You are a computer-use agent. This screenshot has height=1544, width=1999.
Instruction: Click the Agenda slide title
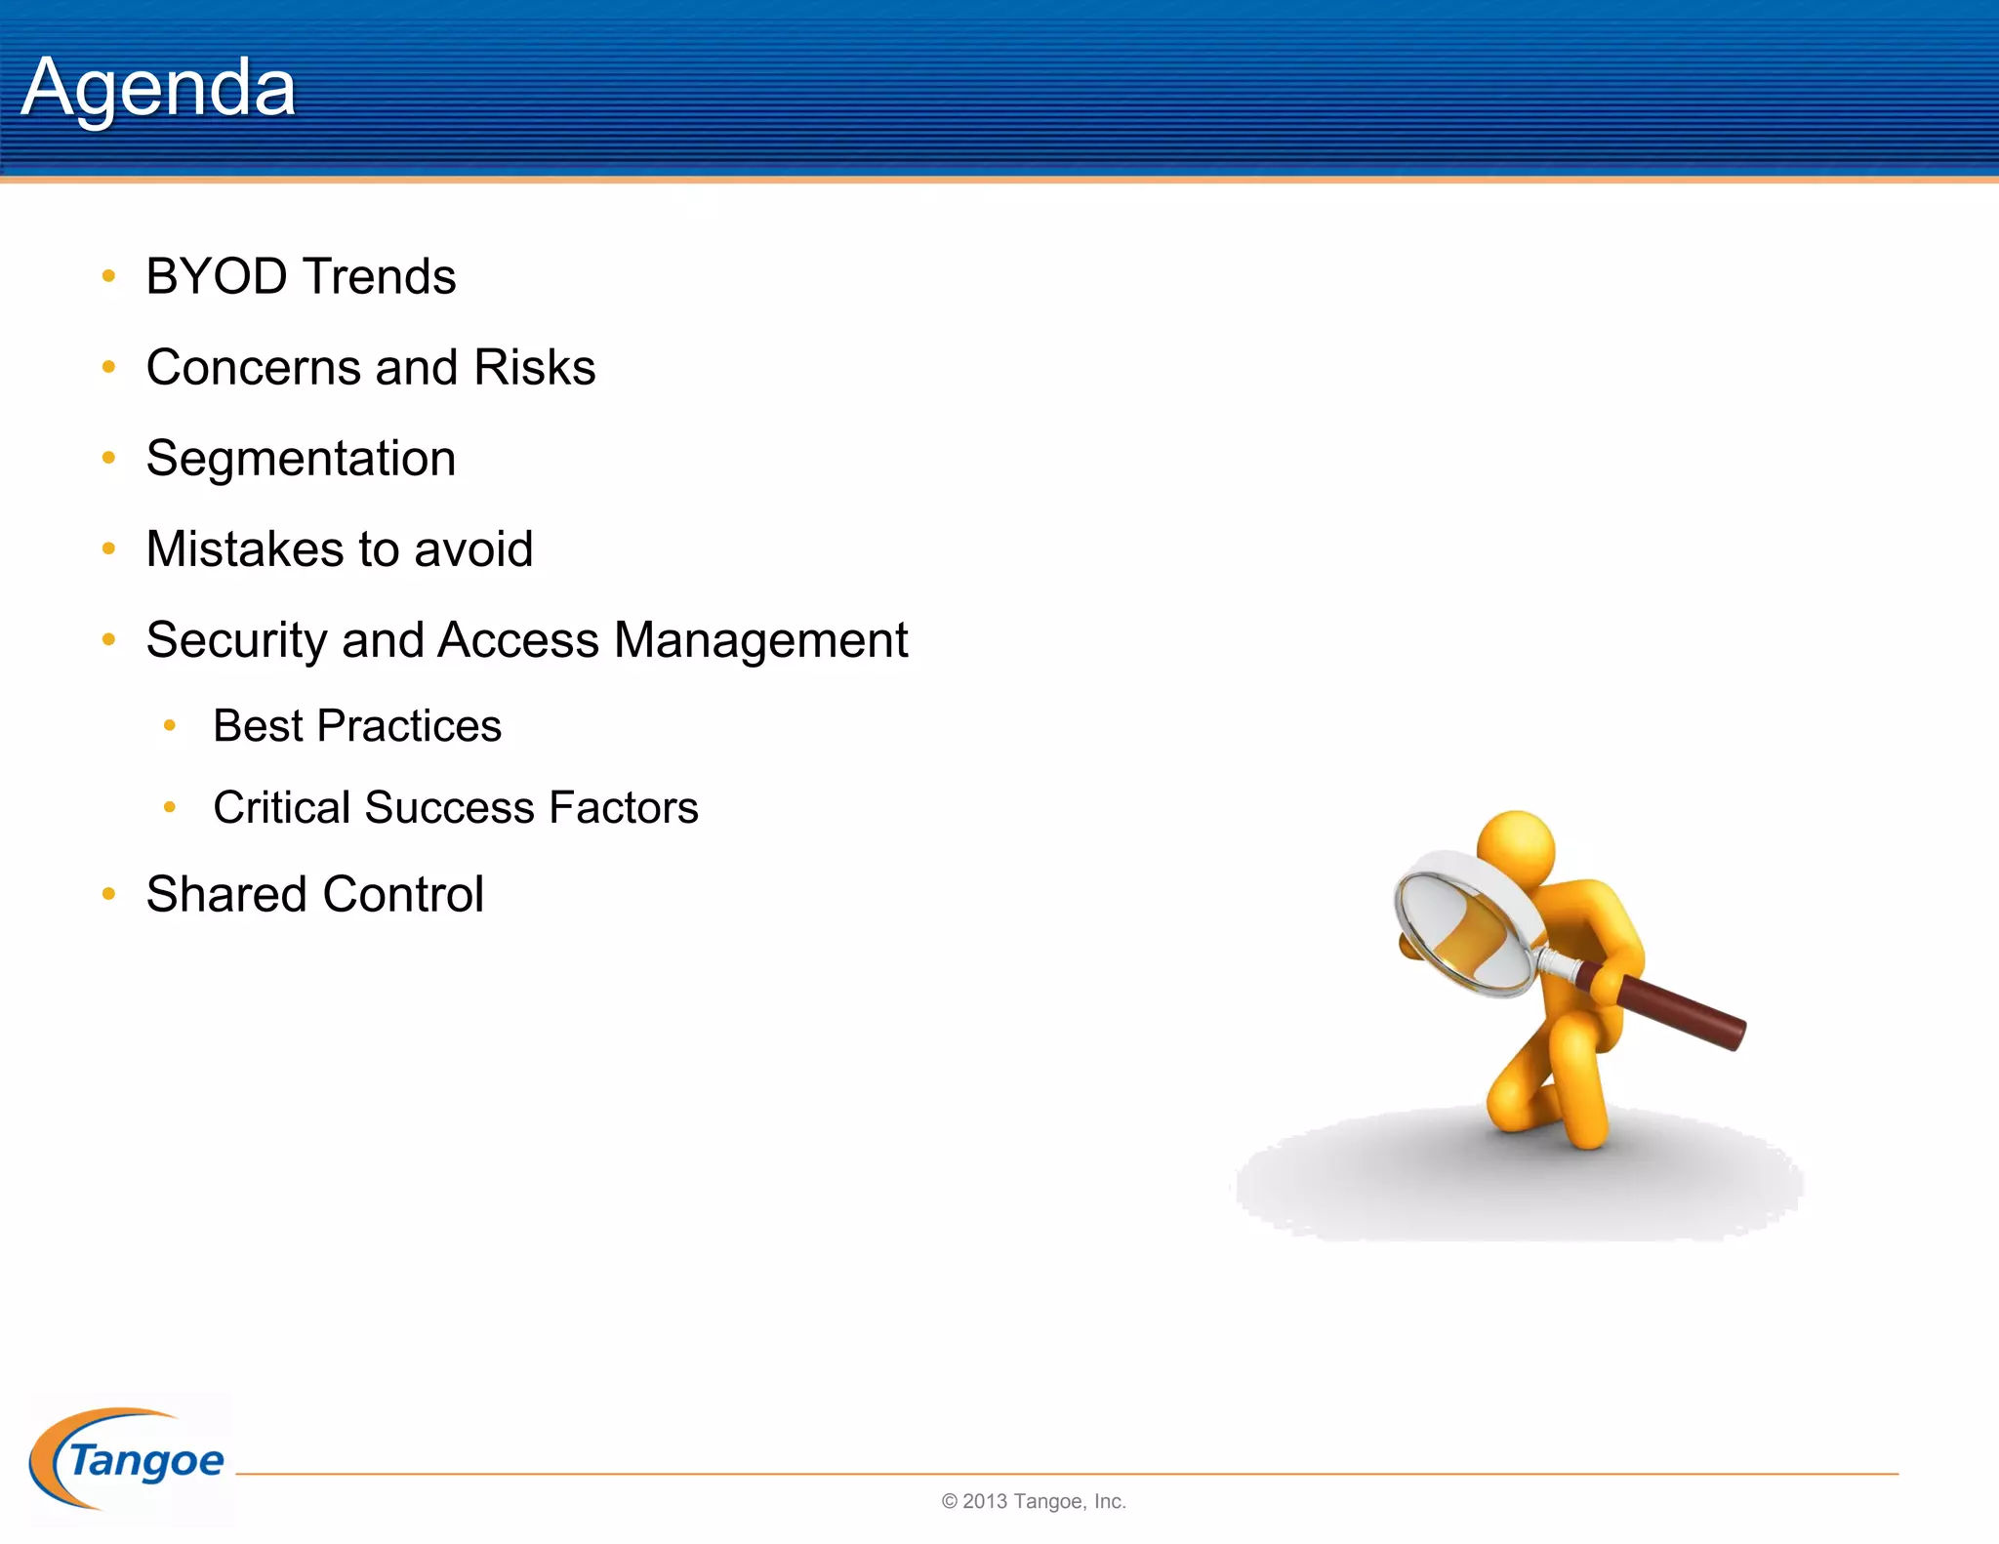[x=158, y=88]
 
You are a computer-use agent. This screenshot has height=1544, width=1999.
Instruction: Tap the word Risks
[x=534, y=368]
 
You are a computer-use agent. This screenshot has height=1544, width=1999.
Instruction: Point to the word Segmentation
[x=301, y=459]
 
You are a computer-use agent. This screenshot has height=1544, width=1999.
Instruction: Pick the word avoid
[x=473, y=549]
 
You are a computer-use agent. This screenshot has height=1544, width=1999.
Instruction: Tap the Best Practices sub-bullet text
[x=357, y=726]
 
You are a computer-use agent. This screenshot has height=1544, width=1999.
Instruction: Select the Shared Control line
[x=314, y=894]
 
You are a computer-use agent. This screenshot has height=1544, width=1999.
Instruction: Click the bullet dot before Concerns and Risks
[x=109, y=368]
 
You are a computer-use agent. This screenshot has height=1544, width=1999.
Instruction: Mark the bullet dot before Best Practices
[x=170, y=725]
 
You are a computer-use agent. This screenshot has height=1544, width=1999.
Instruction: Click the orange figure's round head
[x=1516, y=845]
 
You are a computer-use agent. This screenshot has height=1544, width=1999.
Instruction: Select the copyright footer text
[x=1034, y=1501]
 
